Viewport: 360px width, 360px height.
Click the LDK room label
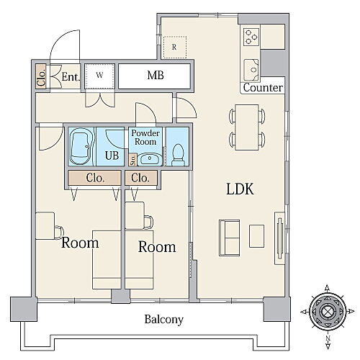pyautogui.click(x=240, y=189)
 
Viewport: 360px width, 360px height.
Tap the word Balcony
pyautogui.click(x=164, y=320)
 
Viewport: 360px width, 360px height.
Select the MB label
pyautogui.click(x=156, y=76)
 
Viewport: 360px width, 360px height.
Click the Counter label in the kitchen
pyautogui.click(x=263, y=88)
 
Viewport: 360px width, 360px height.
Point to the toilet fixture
pyautogui.click(x=178, y=155)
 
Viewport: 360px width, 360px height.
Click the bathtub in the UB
pyautogui.click(x=81, y=146)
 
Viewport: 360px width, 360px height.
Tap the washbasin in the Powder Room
pyautogui.click(x=150, y=158)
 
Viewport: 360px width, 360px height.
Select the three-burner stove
pyautogui.click(x=251, y=37)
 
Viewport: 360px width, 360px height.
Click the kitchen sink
pyautogui.click(x=251, y=69)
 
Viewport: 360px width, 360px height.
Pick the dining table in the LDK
pyautogui.click(x=247, y=127)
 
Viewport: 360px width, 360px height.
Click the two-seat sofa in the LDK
pyautogui.click(x=229, y=238)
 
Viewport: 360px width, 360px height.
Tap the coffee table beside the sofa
pyautogui.click(x=257, y=236)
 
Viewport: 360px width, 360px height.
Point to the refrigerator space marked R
pyautogui.click(x=174, y=47)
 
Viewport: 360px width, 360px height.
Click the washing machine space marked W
pyautogui.click(x=99, y=75)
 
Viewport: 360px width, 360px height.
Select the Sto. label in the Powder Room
pyautogui.click(x=133, y=160)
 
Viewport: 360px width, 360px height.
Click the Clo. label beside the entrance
pyautogui.click(x=41, y=77)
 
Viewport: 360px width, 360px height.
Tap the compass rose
pyautogui.click(x=327, y=311)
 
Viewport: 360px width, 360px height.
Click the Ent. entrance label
pyautogui.click(x=71, y=77)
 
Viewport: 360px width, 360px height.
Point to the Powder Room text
pyautogui.click(x=145, y=138)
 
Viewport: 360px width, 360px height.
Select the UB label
pyautogui.click(x=112, y=156)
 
